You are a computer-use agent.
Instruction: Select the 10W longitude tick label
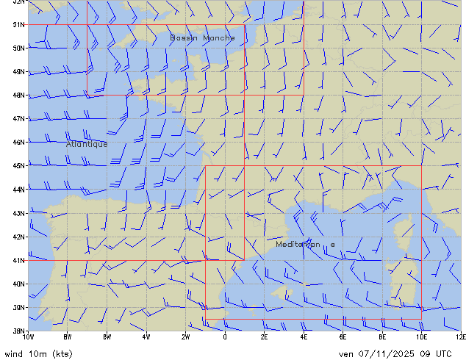point(29,336)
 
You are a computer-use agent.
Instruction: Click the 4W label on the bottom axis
point(146,336)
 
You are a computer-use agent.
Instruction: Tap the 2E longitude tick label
point(264,336)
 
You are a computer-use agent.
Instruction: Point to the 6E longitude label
point(343,336)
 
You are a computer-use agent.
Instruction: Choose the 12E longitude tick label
point(460,336)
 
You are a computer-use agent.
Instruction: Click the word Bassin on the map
point(184,37)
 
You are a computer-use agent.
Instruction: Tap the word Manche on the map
point(219,37)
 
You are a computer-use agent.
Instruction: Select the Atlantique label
point(87,144)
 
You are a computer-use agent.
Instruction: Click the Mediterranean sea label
point(306,244)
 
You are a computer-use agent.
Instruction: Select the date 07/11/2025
point(382,353)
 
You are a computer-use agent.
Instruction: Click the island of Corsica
point(401,234)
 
